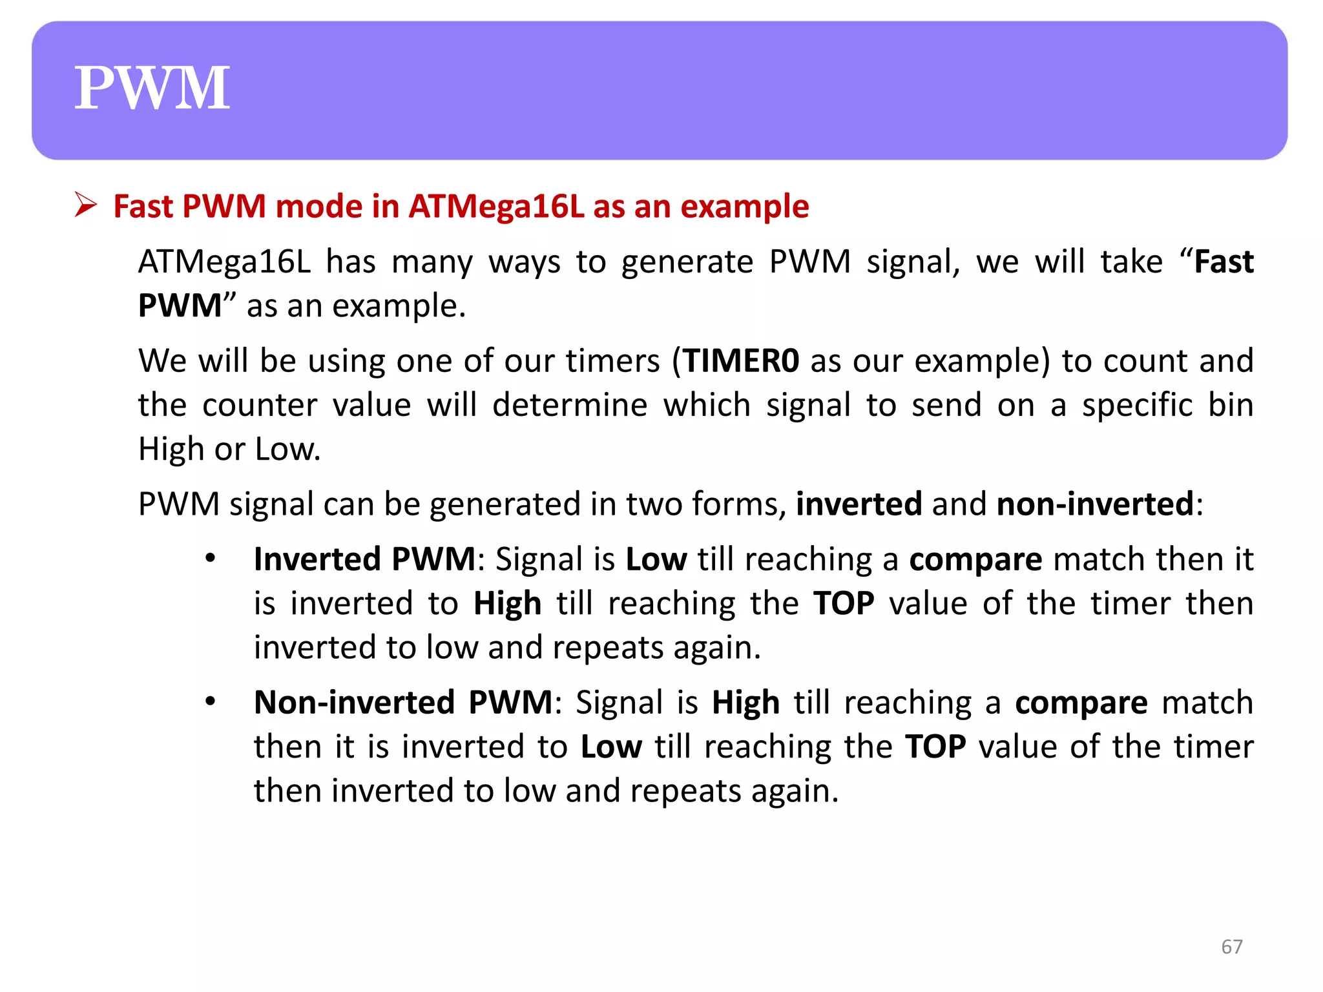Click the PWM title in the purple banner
(x=152, y=88)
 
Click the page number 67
(x=1231, y=947)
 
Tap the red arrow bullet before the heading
(x=85, y=205)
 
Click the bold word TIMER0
(x=742, y=360)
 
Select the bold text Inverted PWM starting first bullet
(x=364, y=559)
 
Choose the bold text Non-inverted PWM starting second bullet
(x=403, y=703)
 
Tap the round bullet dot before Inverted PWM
(x=210, y=559)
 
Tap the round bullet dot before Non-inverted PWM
(x=210, y=702)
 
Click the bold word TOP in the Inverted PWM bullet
(x=844, y=603)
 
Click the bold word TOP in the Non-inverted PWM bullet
(x=935, y=747)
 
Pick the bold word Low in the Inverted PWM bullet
(x=656, y=559)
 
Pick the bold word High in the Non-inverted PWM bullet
(x=745, y=703)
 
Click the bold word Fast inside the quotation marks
(x=1224, y=262)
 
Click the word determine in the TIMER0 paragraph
(x=569, y=405)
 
